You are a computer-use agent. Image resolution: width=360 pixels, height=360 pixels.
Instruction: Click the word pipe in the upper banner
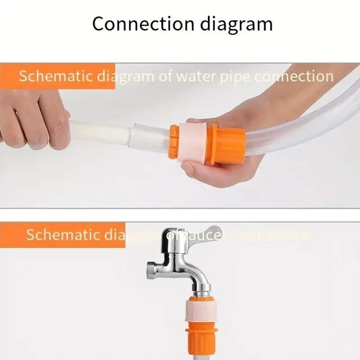pos(235,76)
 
